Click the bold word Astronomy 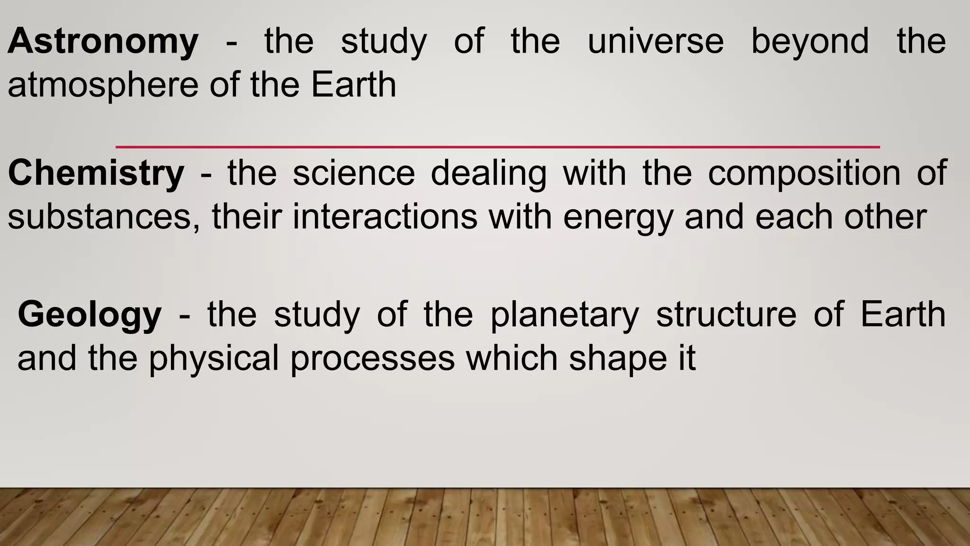[x=103, y=42]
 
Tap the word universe [x=656, y=42]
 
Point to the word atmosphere [x=103, y=85]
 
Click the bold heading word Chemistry [x=96, y=173]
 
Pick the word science [x=354, y=173]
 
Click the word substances [x=104, y=217]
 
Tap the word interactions [x=385, y=217]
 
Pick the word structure [x=726, y=314]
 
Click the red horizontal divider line [x=497, y=147]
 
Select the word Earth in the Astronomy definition [x=353, y=85]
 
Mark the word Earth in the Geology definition [x=903, y=314]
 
